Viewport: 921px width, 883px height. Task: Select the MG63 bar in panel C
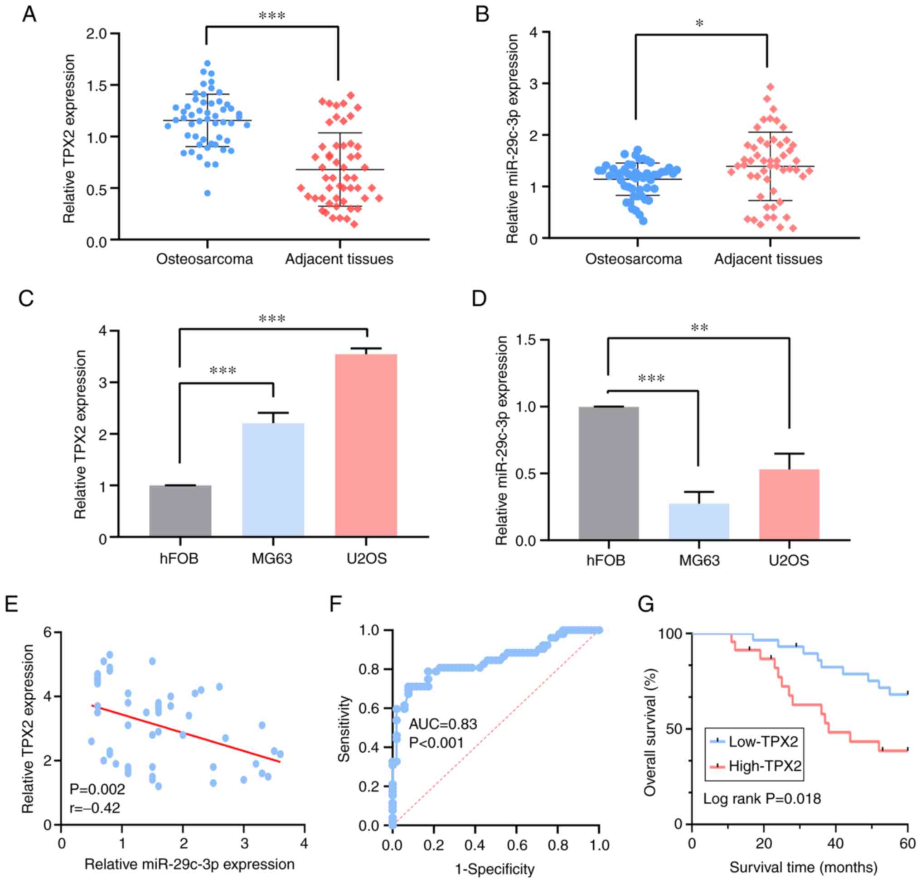(273, 479)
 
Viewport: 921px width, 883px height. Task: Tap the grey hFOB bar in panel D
(609, 473)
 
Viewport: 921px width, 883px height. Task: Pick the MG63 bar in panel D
(699, 521)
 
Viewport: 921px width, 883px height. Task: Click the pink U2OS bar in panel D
(789, 504)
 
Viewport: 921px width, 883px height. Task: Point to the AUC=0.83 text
(443, 725)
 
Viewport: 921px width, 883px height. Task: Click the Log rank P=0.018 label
(762, 798)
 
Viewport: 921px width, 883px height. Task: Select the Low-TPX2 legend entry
(756, 741)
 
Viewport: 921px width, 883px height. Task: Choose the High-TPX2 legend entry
(756, 767)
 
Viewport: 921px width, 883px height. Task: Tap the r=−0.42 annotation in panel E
(95, 807)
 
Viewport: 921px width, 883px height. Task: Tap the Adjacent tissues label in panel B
(768, 259)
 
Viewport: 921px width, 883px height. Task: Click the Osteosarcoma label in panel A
(204, 259)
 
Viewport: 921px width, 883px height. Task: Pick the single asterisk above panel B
(700, 24)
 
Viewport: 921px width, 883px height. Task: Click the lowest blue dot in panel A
(207, 193)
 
